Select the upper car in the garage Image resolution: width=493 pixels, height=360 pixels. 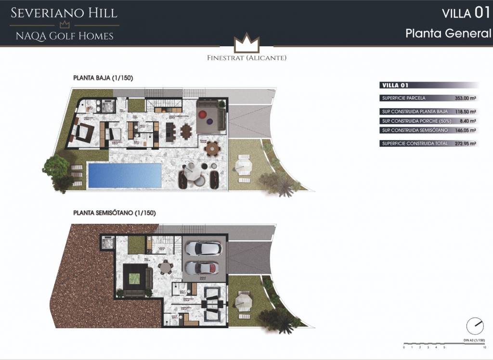click(203, 248)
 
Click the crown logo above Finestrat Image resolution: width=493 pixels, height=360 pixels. click(246, 44)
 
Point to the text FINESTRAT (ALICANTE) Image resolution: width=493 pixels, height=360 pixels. click(246, 58)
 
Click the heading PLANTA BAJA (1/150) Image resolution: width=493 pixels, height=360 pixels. click(103, 77)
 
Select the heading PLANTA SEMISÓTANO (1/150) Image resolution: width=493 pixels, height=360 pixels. click(115, 212)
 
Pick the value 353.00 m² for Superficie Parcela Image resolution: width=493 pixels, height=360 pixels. click(465, 98)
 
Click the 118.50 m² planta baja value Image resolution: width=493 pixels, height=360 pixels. click(465, 112)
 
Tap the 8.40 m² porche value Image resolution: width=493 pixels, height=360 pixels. click(467, 121)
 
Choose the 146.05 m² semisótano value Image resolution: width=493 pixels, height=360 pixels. click(465, 130)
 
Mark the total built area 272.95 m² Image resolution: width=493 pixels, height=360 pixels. click(465, 143)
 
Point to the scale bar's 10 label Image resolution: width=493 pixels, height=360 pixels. click(484, 347)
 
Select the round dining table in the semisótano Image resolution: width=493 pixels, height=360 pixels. click(166, 266)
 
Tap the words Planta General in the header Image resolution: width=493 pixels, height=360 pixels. click(448, 34)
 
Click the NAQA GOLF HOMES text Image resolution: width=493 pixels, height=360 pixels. click(65, 36)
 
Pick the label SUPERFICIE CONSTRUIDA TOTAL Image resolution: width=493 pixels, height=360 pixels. click(415, 143)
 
